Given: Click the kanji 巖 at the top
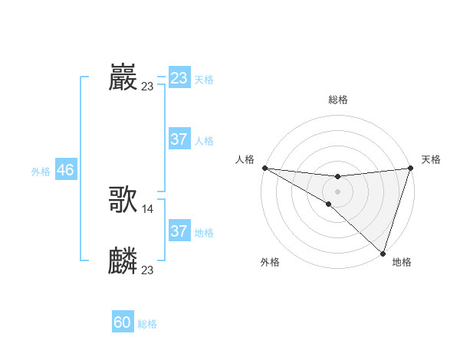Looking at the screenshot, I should coord(123,77).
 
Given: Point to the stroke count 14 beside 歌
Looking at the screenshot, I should coord(148,209).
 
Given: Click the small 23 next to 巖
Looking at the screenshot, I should coord(147,87).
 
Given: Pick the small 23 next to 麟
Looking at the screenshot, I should coord(148,270).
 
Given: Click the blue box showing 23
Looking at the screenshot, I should coord(179,78).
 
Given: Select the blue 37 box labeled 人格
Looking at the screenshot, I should coord(179,139).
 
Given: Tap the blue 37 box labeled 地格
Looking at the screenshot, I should coord(179,231).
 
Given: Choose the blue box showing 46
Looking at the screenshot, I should coord(65,170).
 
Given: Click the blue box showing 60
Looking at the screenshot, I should coord(123,323).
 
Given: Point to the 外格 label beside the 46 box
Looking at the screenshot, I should coord(41,172).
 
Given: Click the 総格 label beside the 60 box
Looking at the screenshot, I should coord(147,325).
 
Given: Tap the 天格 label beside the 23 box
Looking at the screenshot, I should coord(204,80).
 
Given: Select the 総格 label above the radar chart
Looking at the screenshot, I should coord(338,100).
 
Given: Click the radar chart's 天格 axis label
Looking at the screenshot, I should coord(431,159).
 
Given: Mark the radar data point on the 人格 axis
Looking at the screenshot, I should coord(264,168).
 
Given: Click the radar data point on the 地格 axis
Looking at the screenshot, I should coord(383,254).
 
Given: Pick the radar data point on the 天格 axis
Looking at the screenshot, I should coord(411,168).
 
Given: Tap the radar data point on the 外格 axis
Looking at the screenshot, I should coord(328,205).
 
